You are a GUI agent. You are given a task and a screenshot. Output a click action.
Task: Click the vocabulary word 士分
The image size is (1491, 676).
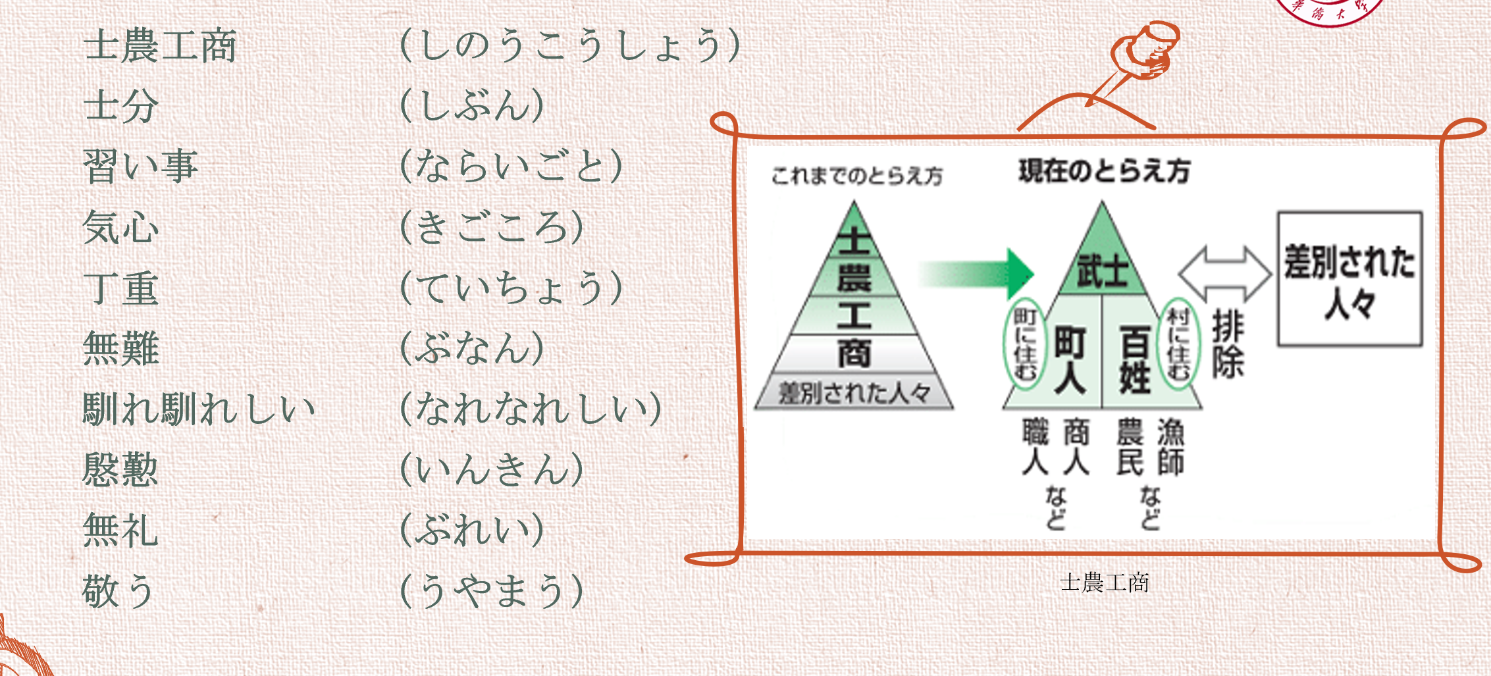(x=121, y=105)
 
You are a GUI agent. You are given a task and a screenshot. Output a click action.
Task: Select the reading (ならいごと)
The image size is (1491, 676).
(x=511, y=165)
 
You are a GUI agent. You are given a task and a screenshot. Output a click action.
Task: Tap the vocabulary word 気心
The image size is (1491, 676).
(x=121, y=227)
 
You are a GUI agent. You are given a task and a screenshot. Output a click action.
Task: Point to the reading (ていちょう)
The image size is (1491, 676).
(x=511, y=288)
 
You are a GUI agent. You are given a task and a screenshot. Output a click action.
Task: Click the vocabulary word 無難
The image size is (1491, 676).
(x=121, y=348)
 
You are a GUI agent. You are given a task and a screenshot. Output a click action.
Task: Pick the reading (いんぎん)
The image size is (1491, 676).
(x=492, y=469)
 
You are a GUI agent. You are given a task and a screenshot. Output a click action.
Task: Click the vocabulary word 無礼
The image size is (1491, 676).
(x=121, y=530)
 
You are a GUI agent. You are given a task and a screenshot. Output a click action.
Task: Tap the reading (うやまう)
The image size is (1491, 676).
(x=492, y=590)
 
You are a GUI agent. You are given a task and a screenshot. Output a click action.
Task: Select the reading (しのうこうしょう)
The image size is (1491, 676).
(x=570, y=45)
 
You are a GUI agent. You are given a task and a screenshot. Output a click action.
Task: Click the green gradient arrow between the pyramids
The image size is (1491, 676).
(x=977, y=273)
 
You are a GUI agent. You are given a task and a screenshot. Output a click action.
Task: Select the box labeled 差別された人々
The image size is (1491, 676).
(x=1349, y=279)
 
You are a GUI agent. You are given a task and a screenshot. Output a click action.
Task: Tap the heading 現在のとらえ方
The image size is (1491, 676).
(x=1104, y=171)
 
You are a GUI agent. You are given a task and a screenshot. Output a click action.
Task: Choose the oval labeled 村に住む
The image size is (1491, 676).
(x=1178, y=344)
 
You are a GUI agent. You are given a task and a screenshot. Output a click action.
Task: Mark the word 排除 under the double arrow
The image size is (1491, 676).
(x=1228, y=344)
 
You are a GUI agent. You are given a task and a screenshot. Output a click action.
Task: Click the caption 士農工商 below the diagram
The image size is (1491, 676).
(x=1105, y=583)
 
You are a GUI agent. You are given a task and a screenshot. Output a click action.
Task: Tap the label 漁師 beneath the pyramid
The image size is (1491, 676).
(x=1171, y=447)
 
